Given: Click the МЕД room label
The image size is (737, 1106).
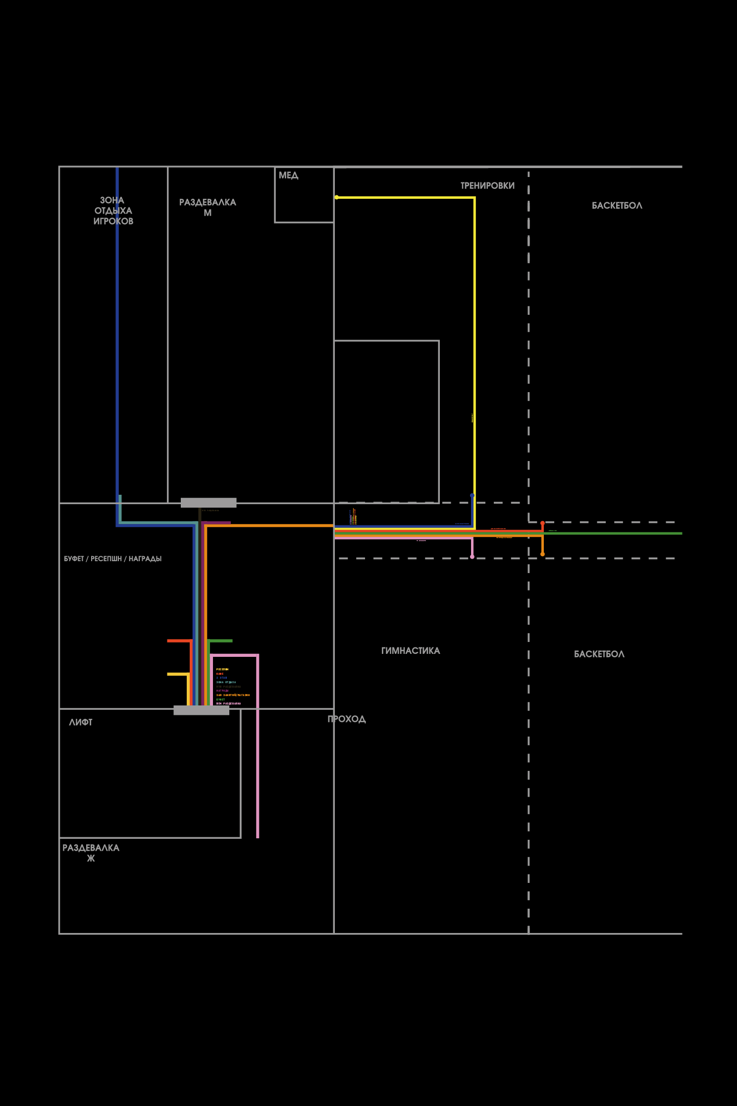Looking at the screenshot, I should [x=288, y=175].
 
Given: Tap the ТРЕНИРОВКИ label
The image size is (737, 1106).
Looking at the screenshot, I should [x=487, y=186].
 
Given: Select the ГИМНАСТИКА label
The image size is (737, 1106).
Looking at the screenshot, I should [x=411, y=651].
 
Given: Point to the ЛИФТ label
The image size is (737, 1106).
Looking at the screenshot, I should [x=81, y=722].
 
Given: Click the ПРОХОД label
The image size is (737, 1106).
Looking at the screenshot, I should [x=347, y=719].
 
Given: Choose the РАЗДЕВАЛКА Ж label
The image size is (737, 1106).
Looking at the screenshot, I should [x=91, y=853].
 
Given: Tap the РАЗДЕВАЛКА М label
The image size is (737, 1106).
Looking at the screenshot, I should [x=208, y=208].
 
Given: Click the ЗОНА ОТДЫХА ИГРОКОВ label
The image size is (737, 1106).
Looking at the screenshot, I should [x=113, y=211].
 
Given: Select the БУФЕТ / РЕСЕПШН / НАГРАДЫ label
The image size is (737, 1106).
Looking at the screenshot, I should [x=112, y=559].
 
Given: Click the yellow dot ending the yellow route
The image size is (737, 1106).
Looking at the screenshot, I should [x=336, y=197].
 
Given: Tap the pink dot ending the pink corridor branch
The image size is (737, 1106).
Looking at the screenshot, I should [x=472, y=557].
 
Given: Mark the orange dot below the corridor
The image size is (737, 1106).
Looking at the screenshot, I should [x=542, y=554].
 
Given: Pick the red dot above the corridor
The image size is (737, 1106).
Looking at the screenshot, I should [x=542, y=523].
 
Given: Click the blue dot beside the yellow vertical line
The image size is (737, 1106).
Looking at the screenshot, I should [x=472, y=495].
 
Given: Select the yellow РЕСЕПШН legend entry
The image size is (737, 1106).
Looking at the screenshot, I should [x=222, y=669].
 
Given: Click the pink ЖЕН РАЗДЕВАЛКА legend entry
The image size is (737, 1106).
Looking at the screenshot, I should [x=228, y=703].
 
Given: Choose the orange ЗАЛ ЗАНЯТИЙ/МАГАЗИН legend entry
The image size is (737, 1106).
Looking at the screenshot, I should [x=233, y=695].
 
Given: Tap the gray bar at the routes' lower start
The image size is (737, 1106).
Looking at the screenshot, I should [x=201, y=710].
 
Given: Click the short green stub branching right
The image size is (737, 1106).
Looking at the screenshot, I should [x=220, y=641].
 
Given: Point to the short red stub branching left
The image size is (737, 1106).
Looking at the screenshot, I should [x=179, y=641].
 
